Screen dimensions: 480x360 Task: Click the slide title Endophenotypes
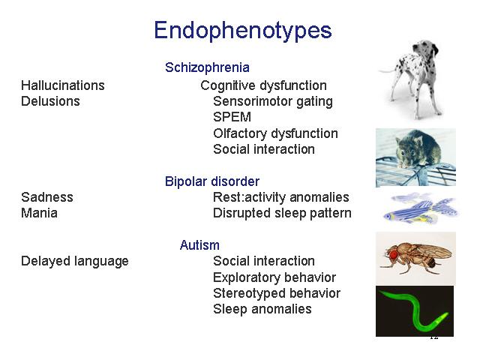pos(243,31)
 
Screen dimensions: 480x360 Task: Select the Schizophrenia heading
pos(207,67)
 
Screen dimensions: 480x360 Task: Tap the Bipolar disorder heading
pos(212,181)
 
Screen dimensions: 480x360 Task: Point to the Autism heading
pos(199,245)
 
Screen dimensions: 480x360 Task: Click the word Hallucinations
pos(63,85)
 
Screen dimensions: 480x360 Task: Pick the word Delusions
pos(50,101)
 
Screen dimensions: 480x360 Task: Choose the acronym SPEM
pos(232,117)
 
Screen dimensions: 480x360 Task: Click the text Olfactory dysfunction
pos(275,133)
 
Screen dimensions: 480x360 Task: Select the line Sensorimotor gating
pos(273,102)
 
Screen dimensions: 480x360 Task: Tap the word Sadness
pos(47,197)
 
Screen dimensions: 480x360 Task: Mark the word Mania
pos(39,213)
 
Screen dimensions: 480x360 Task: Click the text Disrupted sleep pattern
pos(282,213)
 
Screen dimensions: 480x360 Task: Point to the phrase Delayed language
pos(75,262)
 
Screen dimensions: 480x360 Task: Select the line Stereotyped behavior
pos(277,293)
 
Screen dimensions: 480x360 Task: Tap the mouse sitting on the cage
pos(418,149)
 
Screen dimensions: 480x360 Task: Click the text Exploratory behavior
pos(274,277)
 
